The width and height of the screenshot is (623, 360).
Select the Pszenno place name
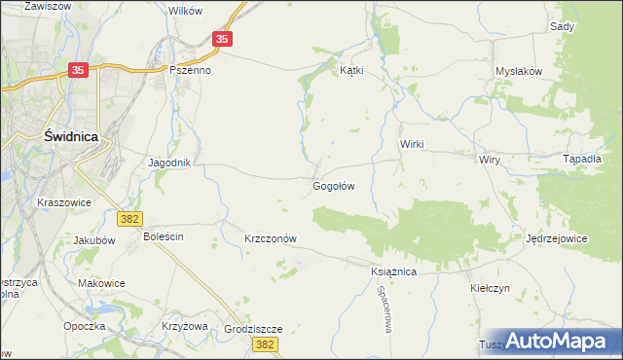(x=191, y=70)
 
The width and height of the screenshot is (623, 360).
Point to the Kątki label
(x=350, y=70)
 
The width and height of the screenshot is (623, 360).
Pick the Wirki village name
(x=413, y=143)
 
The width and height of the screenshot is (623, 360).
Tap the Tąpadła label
(x=583, y=159)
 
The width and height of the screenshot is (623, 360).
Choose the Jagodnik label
(x=168, y=162)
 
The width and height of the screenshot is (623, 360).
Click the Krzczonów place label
(x=270, y=238)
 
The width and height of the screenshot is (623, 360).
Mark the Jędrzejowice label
(x=556, y=238)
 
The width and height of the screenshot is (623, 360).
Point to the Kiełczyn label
(x=490, y=288)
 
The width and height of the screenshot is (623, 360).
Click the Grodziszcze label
(x=252, y=329)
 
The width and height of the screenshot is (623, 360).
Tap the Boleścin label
(x=164, y=236)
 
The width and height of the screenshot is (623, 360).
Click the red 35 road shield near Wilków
(x=223, y=39)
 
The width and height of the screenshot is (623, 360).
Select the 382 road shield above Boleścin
(x=128, y=219)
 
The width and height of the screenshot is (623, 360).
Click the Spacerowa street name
(x=385, y=312)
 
